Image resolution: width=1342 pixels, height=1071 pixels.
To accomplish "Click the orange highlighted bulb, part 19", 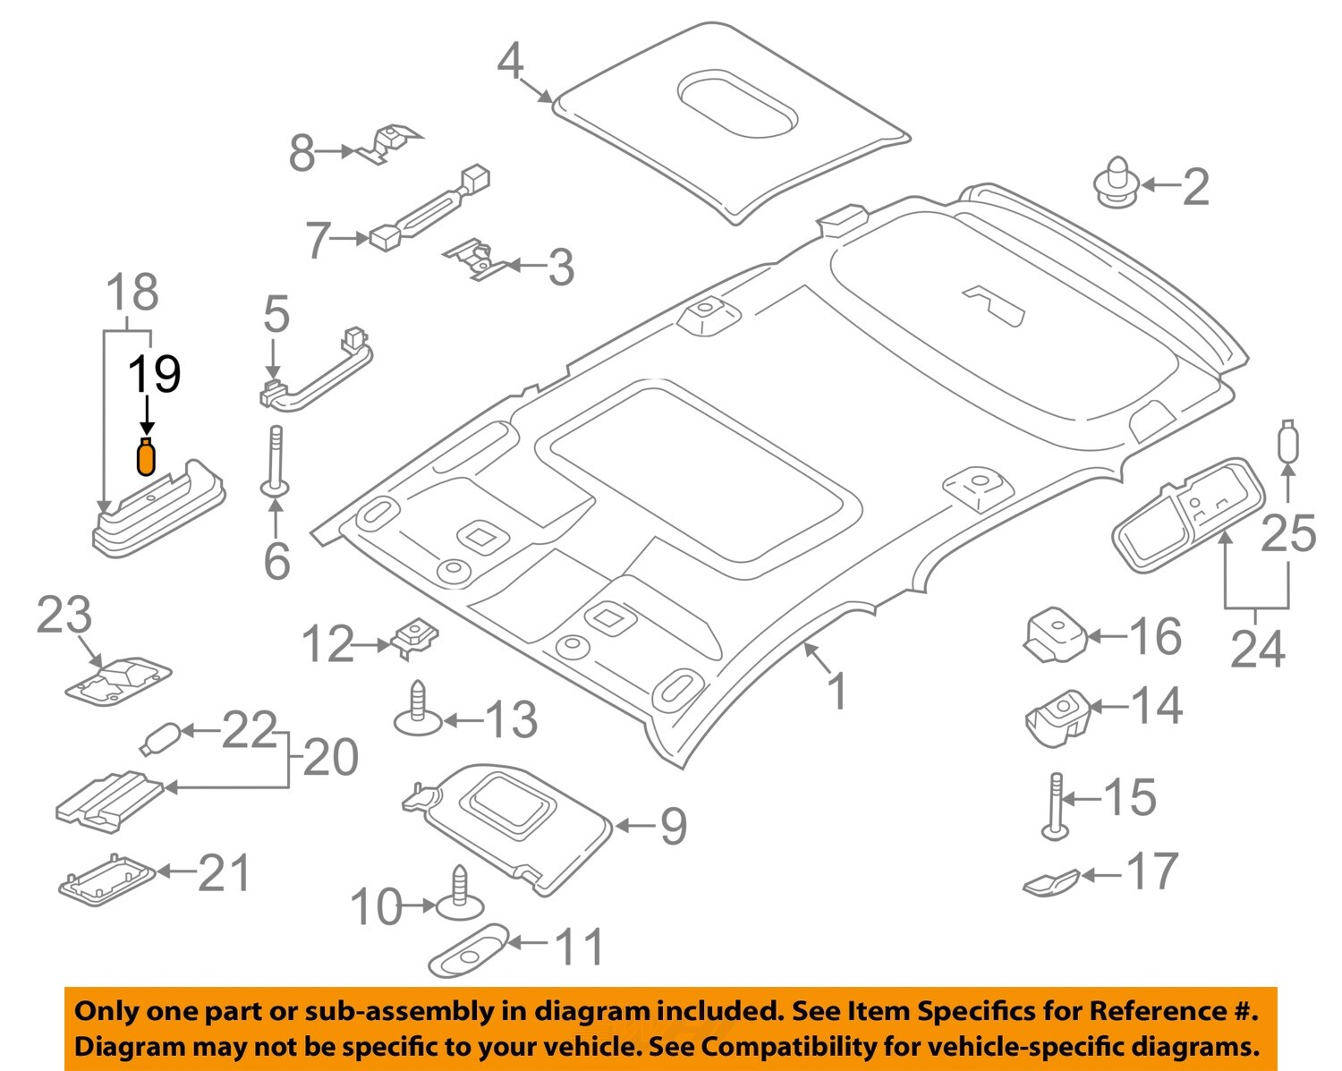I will (145, 456).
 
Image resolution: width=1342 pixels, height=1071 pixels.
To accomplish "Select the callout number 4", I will (510, 61).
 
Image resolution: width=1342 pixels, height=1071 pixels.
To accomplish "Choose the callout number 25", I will (1288, 534).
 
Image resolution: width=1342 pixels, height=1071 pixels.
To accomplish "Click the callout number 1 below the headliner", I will (837, 692).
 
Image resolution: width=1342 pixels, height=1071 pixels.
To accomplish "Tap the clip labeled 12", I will (415, 638).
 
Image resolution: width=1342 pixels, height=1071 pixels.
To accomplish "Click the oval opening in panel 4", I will (736, 104).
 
